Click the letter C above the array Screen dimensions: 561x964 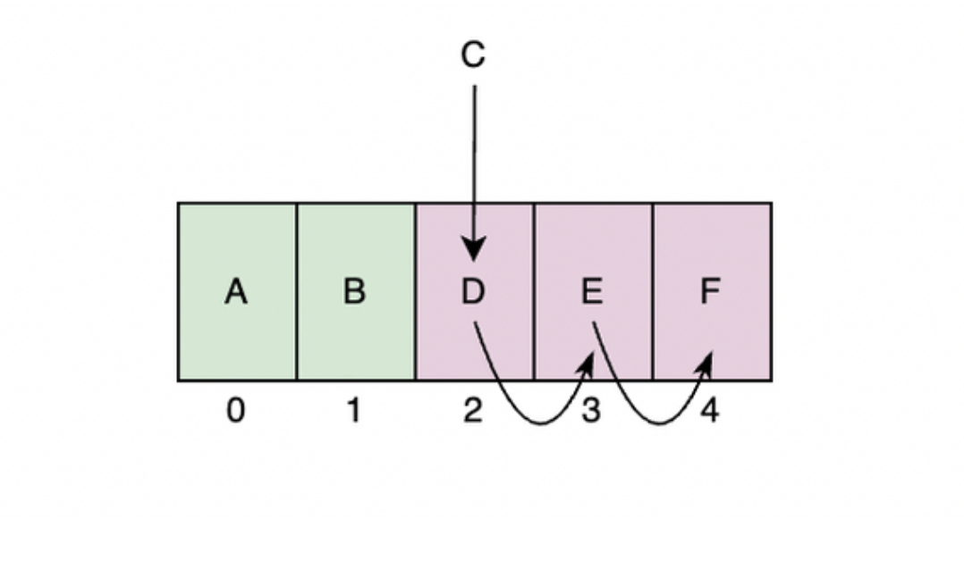(x=473, y=55)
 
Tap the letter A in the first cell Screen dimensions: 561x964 (x=236, y=291)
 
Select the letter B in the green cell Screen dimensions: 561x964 (x=354, y=291)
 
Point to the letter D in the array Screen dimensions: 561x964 (x=473, y=291)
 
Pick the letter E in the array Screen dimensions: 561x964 (x=592, y=291)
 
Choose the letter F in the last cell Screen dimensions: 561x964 (x=710, y=291)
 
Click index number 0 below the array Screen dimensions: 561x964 (x=235, y=411)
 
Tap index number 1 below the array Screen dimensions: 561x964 (x=354, y=411)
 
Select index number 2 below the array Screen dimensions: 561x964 (x=473, y=411)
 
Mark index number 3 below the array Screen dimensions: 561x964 (x=592, y=411)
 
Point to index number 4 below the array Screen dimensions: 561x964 (x=710, y=411)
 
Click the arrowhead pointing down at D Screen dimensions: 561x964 (x=474, y=248)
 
